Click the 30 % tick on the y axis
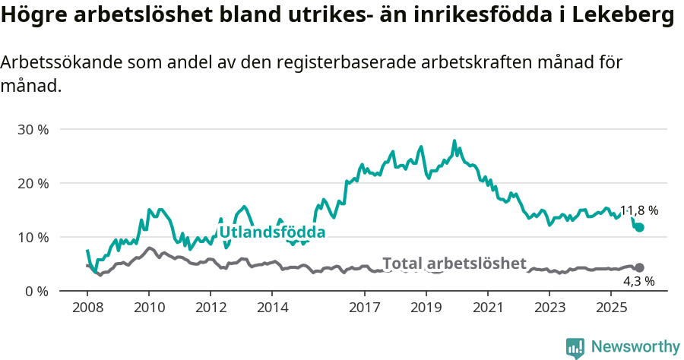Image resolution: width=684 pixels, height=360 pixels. [33, 129]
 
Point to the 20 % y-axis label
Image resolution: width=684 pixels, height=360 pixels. [33, 183]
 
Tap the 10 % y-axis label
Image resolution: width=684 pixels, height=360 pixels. [33, 237]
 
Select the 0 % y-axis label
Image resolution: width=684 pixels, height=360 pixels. [36, 291]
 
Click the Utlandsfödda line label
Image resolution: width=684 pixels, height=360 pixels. [272, 232]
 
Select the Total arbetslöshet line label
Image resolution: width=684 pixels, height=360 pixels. [454, 264]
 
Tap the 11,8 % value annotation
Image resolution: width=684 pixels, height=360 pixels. [639, 210]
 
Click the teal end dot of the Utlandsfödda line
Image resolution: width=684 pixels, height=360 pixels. [639, 227]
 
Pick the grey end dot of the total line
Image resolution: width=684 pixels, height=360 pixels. [639, 267]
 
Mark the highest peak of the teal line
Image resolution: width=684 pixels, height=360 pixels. [454, 141]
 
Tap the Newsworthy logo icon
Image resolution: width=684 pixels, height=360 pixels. [575, 347]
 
